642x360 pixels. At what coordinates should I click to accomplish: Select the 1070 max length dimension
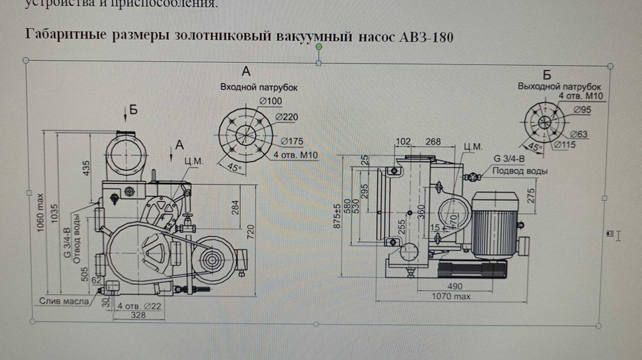[x=451, y=296]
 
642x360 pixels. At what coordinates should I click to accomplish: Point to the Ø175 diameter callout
[x=291, y=141]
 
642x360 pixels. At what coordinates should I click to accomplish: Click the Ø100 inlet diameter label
[x=271, y=101]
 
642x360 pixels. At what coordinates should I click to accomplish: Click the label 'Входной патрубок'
[x=259, y=86]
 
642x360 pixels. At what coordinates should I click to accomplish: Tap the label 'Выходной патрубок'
[x=559, y=86]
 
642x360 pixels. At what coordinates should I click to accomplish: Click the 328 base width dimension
[x=134, y=316]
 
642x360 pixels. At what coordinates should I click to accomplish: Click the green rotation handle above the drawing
[x=318, y=63]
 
